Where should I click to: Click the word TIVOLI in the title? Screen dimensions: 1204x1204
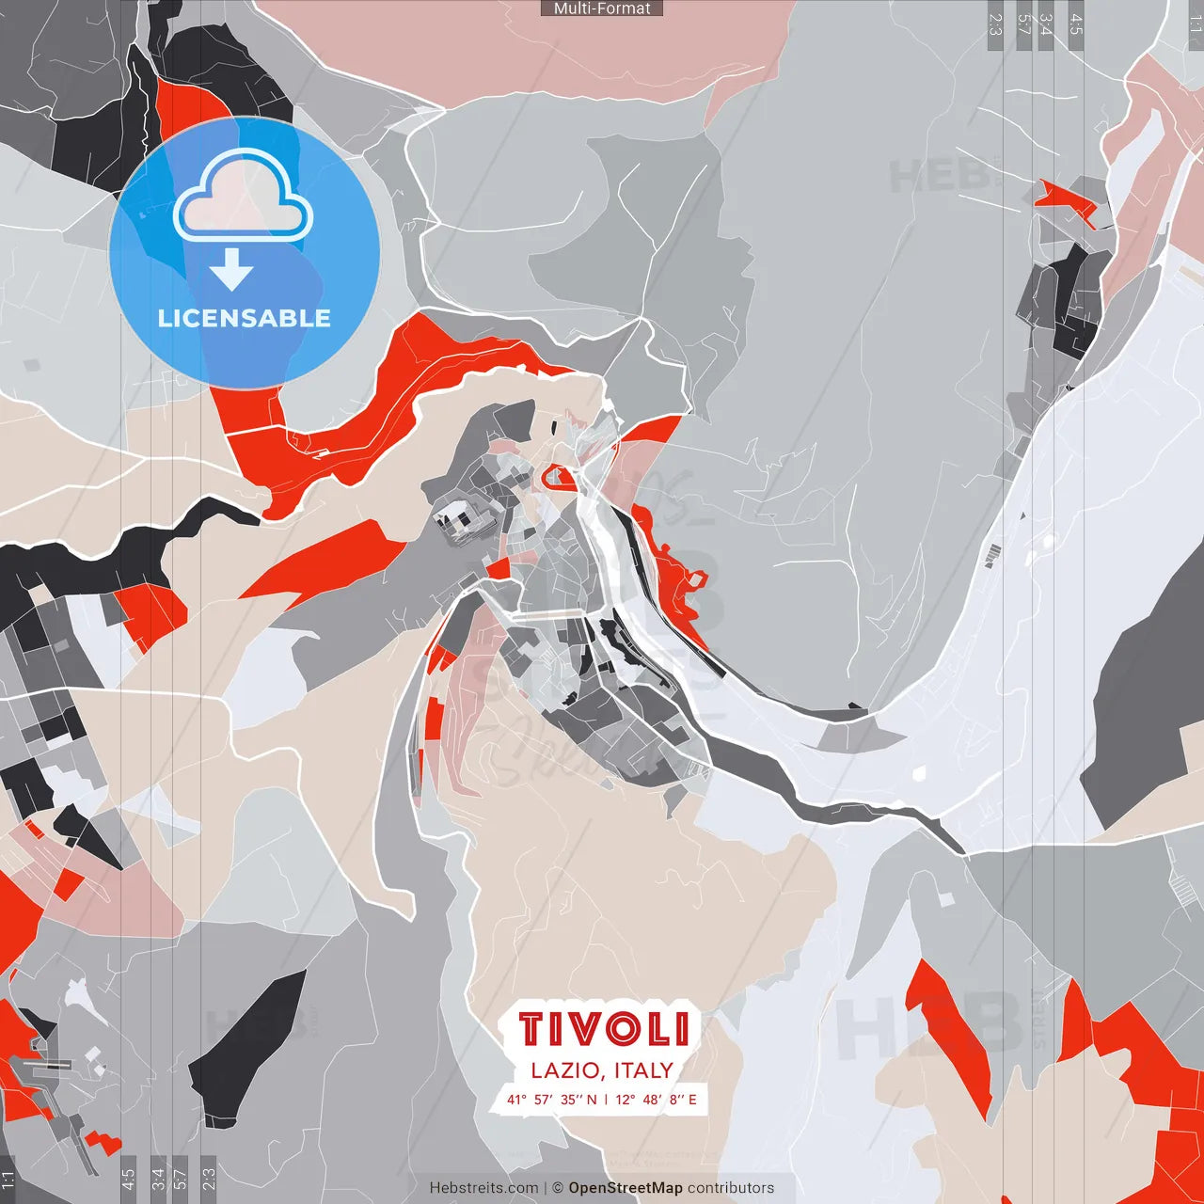(x=603, y=1029)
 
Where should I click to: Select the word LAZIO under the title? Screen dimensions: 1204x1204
(x=565, y=1070)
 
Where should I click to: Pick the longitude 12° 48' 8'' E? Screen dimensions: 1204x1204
(x=657, y=1099)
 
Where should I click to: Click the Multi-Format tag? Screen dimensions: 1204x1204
(x=602, y=8)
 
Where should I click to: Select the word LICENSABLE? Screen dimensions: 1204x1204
(x=244, y=318)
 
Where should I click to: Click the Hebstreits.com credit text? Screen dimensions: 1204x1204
(x=483, y=1188)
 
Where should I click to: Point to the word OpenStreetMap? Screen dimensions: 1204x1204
(x=626, y=1188)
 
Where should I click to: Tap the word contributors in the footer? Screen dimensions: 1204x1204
(x=731, y=1188)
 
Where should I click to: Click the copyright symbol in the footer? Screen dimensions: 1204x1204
(x=558, y=1188)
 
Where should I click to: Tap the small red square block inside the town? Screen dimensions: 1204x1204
(x=499, y=568)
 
